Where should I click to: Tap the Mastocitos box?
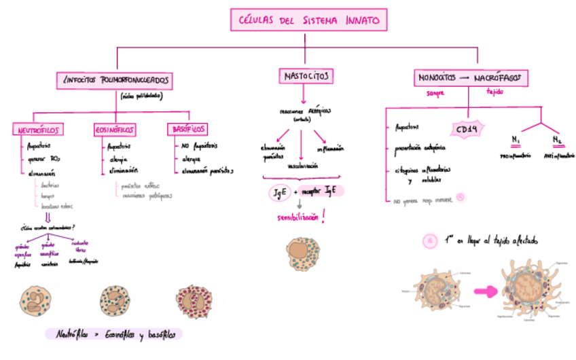point(305,75)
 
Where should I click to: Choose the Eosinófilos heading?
point(115,129)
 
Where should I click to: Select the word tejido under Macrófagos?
point(494,93)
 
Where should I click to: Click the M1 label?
point(516,140)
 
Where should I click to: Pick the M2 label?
point(557,140)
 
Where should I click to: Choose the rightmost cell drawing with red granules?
point(196,300)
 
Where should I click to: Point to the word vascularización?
point(304,165)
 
